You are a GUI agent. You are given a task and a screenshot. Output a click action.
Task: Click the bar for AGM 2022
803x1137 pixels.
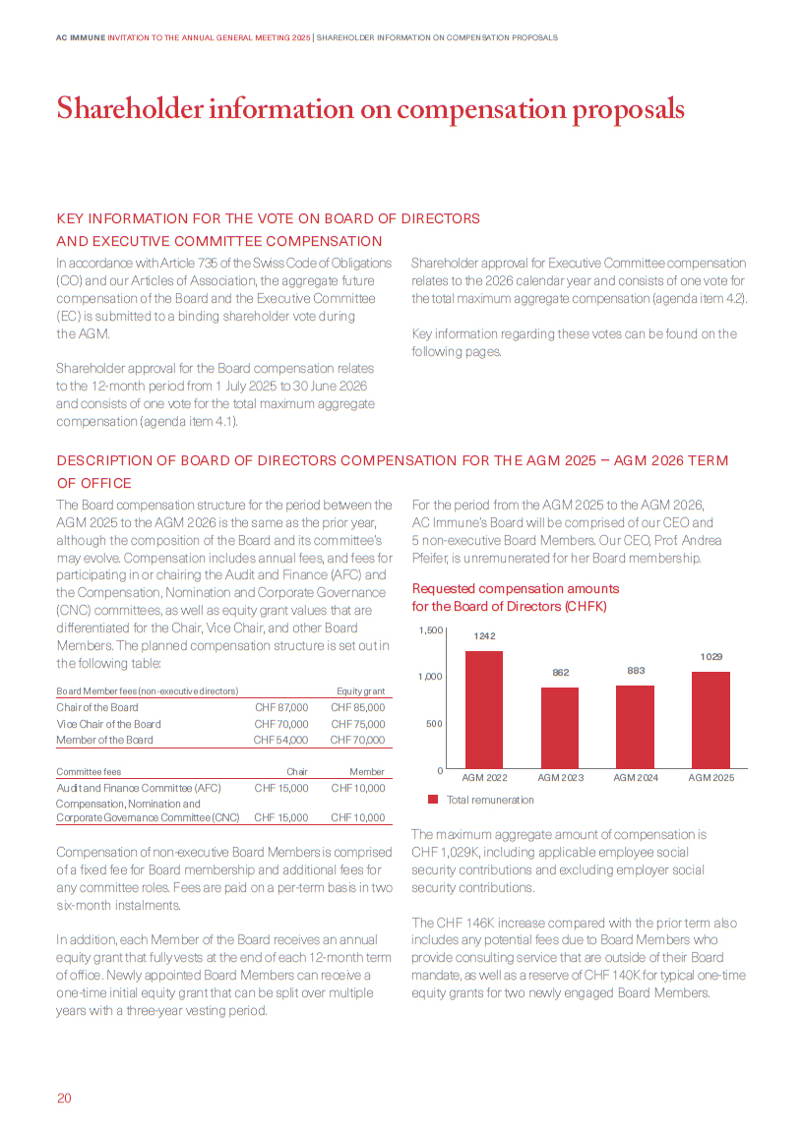(x=484, y=709)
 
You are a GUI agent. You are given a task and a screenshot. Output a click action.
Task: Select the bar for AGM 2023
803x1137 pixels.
(x=560, y=728)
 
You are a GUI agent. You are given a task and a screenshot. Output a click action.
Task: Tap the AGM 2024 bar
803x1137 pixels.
(x=635, y=727)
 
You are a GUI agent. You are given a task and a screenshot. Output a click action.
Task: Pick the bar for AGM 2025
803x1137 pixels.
(x=710, y=720)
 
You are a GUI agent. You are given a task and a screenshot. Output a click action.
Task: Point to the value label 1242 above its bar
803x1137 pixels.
(x=484, y=636)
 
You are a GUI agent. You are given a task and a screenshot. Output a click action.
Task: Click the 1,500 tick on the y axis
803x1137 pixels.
(x=430, y=629)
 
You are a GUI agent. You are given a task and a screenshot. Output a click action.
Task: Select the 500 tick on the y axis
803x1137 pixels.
(x=434, y=723)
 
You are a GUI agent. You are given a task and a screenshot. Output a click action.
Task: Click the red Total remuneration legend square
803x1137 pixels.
(x=433, y=800)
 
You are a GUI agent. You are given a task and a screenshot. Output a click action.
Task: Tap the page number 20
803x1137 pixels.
(x=64, y=1099)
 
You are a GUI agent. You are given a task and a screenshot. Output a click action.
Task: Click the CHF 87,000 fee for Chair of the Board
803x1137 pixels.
(x=281, y=707)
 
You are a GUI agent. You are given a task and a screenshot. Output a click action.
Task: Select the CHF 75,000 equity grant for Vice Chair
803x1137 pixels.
(x=357, y=724)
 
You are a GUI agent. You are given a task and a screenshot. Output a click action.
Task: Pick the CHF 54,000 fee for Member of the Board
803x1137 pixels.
(x=280, y=740)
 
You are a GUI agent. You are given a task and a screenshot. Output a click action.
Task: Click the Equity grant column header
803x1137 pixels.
(x=360, y=691)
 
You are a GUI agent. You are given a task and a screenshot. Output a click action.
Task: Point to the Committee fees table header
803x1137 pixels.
(x=89, y=772)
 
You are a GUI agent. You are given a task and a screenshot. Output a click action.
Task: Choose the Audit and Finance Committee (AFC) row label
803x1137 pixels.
(x=138, y=788)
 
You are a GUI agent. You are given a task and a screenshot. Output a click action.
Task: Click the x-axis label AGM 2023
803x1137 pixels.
(x=560, y=777)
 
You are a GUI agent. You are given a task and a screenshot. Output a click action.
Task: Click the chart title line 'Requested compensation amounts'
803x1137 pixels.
(x=516, y=588)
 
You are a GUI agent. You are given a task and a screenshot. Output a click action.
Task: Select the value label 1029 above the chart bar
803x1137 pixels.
(x=710, y=656)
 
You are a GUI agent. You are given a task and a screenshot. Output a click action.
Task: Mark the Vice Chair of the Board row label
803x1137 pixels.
(x=108, y=724)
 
